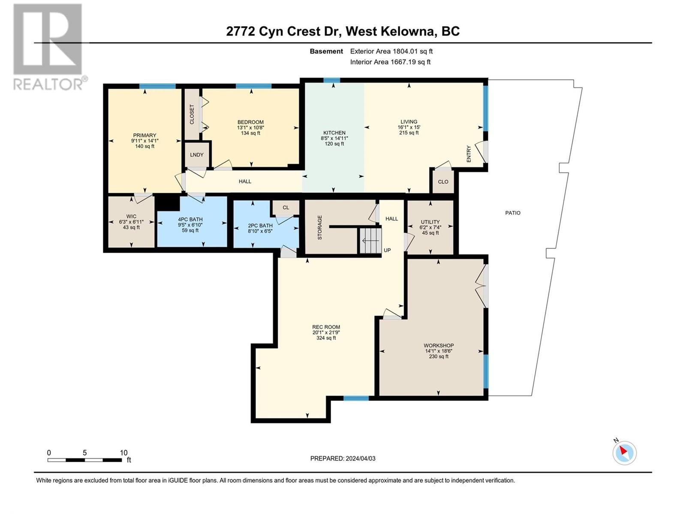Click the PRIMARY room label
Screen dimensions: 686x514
pos(144,135)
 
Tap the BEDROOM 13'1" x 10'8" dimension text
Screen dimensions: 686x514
pos(250,128)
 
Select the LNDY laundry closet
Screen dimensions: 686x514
pos(196,155)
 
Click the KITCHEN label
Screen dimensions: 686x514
pos(334,133)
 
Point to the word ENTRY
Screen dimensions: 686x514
pos(469,154)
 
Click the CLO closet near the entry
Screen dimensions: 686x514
pos(443,182)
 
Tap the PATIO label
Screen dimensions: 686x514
pos(513,213)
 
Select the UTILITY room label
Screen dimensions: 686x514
pos(430,222)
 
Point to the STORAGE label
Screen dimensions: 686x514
pos(319,227)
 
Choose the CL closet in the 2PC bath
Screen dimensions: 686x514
pos(286,208)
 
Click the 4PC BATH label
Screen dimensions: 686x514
pos(190,219)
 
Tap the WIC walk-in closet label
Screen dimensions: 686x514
pos(131,217)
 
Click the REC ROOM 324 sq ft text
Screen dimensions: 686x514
pos(326,338)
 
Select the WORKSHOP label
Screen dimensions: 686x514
pos(439,346)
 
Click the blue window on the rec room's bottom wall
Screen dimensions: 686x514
pos(356,398)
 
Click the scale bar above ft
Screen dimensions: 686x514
pos(84,460)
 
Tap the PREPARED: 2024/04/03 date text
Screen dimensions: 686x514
pos(343,458)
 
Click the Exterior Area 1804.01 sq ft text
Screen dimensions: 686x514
pos(391,51)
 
